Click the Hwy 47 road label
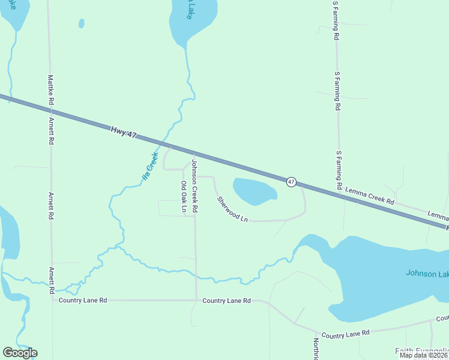click(124, 131)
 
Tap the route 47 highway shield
click(291, 181)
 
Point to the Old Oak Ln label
click(184, 197)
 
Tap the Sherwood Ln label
click(232, 209)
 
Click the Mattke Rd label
click(51, 90)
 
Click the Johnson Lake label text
click(426, 273)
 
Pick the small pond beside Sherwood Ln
click(254, 191)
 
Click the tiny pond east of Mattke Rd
click(81, 23)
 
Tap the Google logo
click(20, 353)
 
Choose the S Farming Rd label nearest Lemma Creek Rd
click(339, 170)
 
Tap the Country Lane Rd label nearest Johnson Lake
click(345, 333)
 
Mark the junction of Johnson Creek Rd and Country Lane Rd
click(196, 300)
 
